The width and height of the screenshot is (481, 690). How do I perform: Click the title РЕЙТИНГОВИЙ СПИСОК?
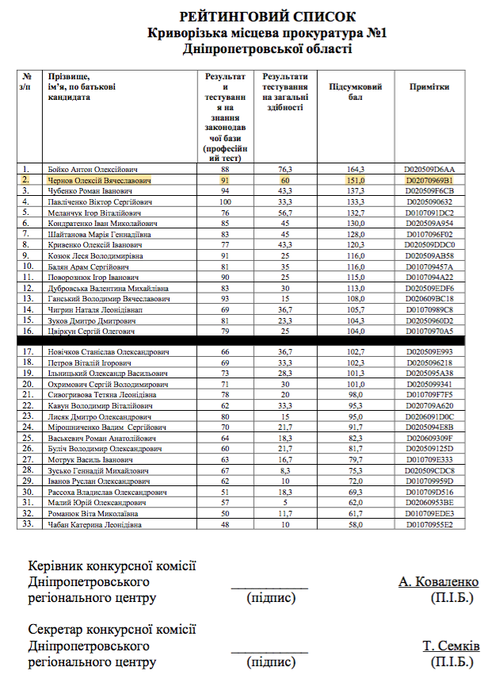pos(267,17)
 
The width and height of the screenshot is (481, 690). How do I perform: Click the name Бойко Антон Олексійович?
pos(93,170)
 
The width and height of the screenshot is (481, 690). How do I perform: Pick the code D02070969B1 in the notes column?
pos(429,181)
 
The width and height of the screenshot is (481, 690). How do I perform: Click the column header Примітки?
pos(429,87)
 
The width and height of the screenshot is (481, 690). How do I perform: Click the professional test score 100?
pos(225,202)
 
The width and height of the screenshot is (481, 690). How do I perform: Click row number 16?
pos(26,331)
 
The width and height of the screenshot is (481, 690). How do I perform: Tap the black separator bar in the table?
pos(246,339)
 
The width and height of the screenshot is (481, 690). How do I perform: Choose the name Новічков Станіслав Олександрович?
pos(109,351)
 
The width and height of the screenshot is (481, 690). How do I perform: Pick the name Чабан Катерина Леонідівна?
pos(95,525)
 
